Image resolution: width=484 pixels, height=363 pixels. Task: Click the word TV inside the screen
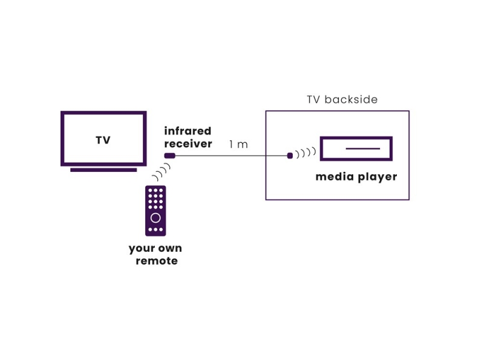pos(103,140)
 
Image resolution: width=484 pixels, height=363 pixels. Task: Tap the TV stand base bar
pos(103,170)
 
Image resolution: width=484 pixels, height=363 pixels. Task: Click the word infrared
pos(188,131)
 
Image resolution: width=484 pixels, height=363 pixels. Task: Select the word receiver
pos(188,144)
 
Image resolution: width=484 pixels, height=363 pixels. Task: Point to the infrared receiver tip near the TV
pos(170,156)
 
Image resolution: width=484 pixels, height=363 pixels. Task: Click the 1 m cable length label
pos(238,145)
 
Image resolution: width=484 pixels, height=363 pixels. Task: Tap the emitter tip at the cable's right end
pos(290,156)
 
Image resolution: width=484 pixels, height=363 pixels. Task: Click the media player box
pos(356,149)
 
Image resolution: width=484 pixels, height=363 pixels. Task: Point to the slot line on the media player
pos(358,149)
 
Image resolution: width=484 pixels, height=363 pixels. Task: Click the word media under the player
pos(333,177)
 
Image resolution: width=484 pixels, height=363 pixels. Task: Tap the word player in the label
pos(376,178)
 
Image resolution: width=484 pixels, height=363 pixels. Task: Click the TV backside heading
pos(342,100)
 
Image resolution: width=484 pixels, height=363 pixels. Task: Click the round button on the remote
pos(155,218)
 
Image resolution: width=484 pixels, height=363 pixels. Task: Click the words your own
pos(155,249)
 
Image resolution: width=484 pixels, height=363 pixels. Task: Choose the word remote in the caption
pos(157,261)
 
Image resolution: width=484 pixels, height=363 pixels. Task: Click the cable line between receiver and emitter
pos(230,156)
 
